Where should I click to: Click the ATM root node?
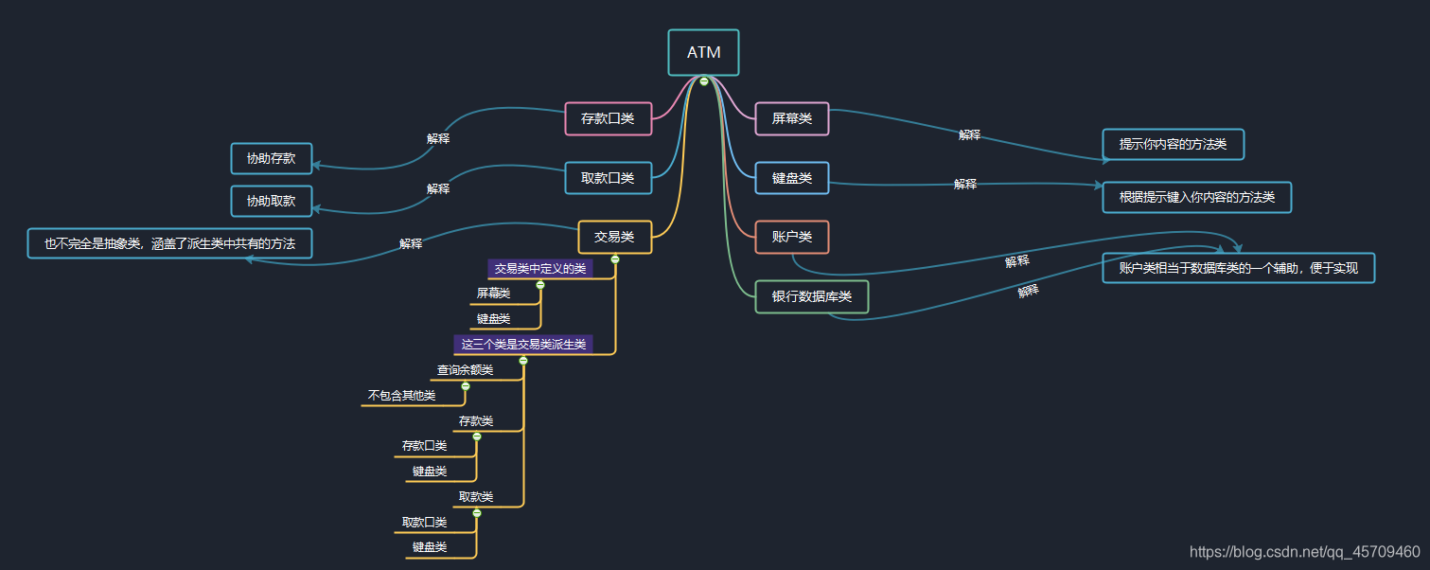pos(703,53)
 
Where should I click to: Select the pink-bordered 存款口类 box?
pos(608,119)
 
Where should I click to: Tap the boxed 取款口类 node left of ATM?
pos(608,178)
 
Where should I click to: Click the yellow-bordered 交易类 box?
pos(614,237)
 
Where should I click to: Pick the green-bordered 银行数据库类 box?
pos(811,296)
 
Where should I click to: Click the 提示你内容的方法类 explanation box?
pos(1173,145)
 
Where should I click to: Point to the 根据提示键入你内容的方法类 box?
pos(1196,198)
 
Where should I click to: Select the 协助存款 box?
pos(271,158)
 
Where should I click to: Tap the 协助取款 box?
pos(271,201)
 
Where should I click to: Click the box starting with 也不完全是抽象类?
pos(169,243)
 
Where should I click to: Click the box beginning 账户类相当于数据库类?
pos(1238,268)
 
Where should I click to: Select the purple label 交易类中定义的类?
pos(540,269)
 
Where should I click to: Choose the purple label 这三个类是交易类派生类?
pos(523,345)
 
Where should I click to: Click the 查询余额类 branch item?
pos(465,370)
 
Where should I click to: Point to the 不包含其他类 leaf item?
pos(401,396)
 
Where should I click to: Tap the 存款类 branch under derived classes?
pos(476,421)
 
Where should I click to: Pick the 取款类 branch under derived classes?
pos(476,497)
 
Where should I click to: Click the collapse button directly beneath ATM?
pos(704,81)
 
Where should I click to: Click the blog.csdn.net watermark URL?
pos(1304,552)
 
